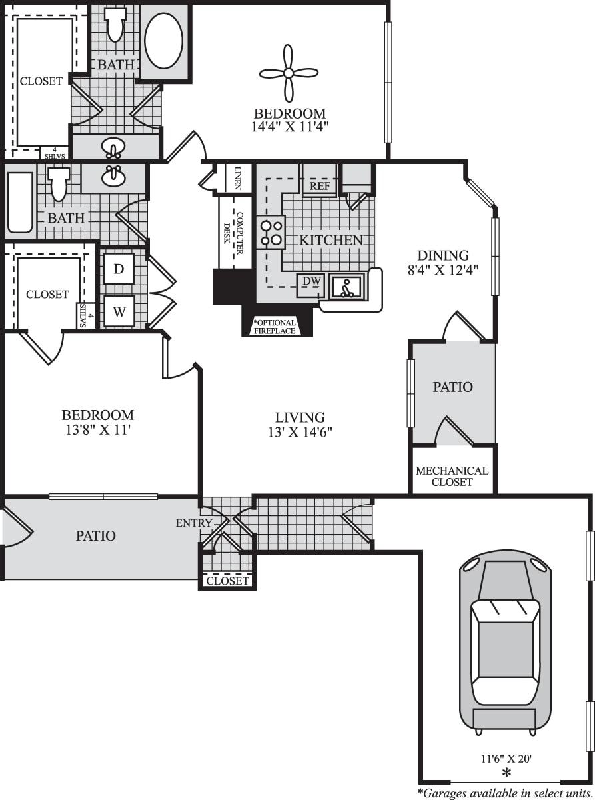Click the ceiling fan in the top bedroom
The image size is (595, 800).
click(x=288, y=73)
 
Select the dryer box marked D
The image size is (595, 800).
click(x=119, y=269)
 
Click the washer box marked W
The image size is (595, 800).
click(x=119, y=311)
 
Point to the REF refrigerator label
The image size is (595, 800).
click(x=320, y=186)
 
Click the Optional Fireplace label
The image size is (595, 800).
click(x=274, y=327)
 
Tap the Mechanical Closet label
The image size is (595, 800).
click(x=452, y=476)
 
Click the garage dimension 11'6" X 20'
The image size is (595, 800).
click(x=506, y=757)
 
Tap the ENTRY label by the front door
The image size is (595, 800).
click(x=193, y=523)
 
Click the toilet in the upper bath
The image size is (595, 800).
click(x=116, y=25)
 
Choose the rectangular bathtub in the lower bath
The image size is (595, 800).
click(x=19, y=203)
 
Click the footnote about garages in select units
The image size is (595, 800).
click(x=504, y=793)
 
